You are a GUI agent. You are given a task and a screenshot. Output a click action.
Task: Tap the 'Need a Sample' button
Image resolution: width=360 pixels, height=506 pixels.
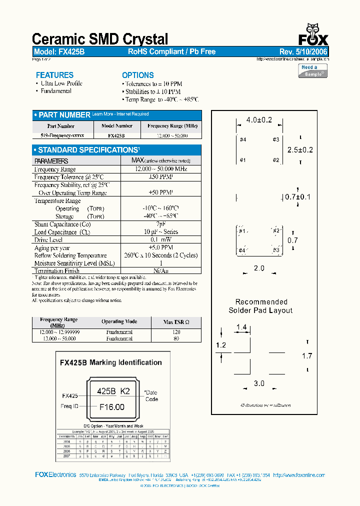pyautogui.click(x=313, y=70)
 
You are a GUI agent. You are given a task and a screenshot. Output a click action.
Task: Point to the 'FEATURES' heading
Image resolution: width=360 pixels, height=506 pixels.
pyautogui.click(x=54, y=75)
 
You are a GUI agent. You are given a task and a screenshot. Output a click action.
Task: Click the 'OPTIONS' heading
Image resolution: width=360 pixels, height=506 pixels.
pyautogui.click(x=138, y=75)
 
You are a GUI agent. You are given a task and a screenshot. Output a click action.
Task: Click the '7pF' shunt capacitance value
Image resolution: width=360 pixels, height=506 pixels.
pyautogui.click(x=160, y=224)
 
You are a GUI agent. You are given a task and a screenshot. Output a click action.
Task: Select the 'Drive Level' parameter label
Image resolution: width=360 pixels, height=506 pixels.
pyautogui.click(x=48, y=240)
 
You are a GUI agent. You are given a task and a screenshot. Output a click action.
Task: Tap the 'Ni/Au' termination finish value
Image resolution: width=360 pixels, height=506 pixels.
pyautogui.click(x=160, y=271)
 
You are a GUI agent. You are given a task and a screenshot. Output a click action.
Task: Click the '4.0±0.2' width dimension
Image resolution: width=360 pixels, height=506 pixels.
pyautogui.click(x=259, y=120)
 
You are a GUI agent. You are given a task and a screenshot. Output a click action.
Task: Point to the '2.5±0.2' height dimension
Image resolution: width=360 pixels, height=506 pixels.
pyautogui.click(x=300, y=150)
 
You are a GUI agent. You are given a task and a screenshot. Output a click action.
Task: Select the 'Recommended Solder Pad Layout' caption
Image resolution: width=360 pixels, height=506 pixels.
pyautogui.click(x=261, y=306)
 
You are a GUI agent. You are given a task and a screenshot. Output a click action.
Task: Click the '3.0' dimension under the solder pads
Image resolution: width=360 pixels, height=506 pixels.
pyautogui.click(x=258, y=383)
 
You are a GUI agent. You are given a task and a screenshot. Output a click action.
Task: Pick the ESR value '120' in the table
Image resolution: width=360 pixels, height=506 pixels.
pyautogui.click(x=176, y=332)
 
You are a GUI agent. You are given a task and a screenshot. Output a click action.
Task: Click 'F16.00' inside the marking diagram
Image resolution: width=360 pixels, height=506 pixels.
pyautogui.click(x=111, y=407)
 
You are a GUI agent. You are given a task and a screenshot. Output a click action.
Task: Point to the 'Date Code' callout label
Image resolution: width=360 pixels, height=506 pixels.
pyautogui.click(x=151, y=395)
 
